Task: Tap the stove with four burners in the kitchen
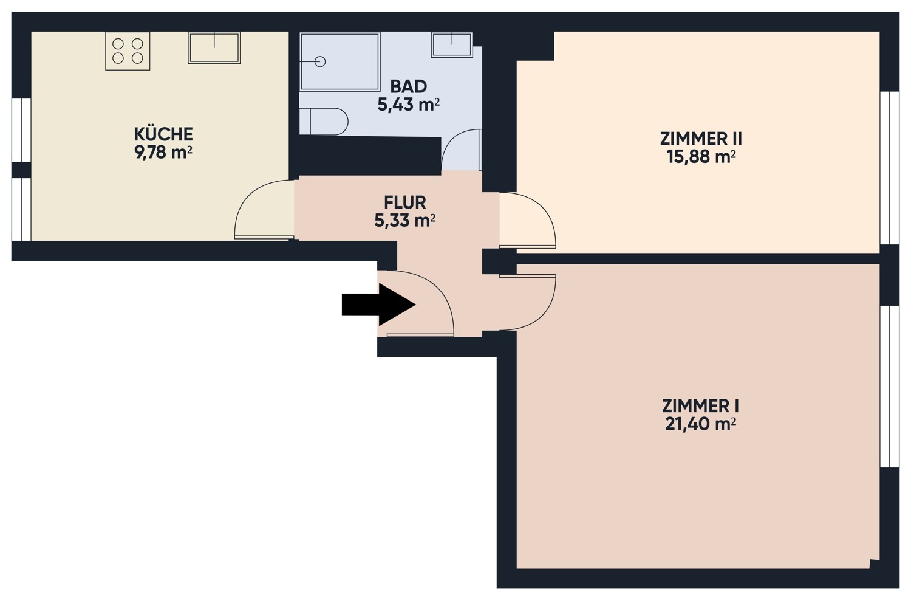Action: pyautogui.click(x=128, y=52)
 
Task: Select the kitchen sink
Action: pyautogui.click(x=214, y=48)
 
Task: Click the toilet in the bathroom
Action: pyautogui.click(x=324, y=122)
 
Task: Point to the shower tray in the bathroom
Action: pyautogui.click(x=339, y=61)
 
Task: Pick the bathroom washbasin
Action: pyautogui.click(x=452, y=44)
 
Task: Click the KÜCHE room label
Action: pyautogui.click(x=163, y=134)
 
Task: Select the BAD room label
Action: pyautogui.click(x=408, y=86)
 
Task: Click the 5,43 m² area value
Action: pyautogui.click(x=408, y=105)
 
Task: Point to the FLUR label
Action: pyautogui.click(x=404, y=202)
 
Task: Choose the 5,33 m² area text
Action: pyautogui.click(x=404, y=221)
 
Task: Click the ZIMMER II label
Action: pyautogui.click(x=701, y=139)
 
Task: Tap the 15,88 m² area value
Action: pyautogui.click(x=701, y=157)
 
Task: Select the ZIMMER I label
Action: pyautogui.click(x=700, y=405)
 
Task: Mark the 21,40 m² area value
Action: pyautogui.click(x=700, y=424)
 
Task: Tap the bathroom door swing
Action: pyautogui.click(x=461, y=150)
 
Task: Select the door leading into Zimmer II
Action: pyautogui.click(x=527, y=220)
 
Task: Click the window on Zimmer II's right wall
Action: pyautogui.click(x=889, y=168)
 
